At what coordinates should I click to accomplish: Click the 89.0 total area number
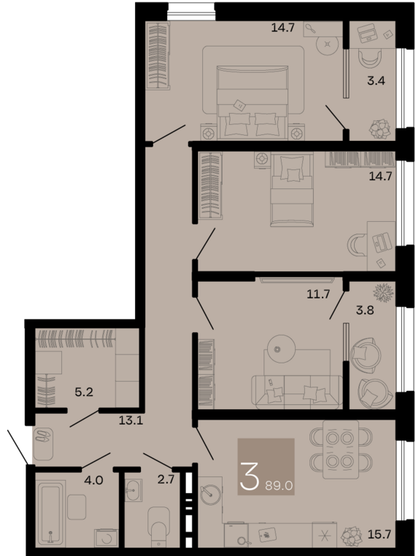(280, 484)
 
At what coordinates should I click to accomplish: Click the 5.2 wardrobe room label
(85, 392)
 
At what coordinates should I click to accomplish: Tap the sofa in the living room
(295, 391)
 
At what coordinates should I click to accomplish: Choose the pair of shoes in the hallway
(42, 441)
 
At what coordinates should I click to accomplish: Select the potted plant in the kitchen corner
(352, 535)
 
